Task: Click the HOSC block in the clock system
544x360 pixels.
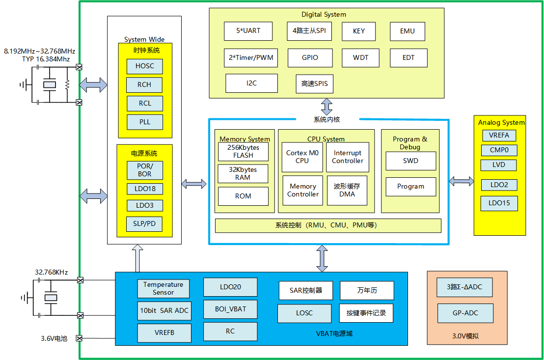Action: (144, 66)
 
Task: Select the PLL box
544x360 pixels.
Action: (144, 122)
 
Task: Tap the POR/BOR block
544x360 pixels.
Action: (144, 170)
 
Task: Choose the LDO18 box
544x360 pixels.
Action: (144, 189)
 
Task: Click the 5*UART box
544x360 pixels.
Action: (248, 31)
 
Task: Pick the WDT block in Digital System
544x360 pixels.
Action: (360, 57)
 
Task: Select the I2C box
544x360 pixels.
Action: (251, 83)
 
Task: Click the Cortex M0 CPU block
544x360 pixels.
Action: (302, 157)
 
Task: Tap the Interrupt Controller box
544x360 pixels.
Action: (348, 157)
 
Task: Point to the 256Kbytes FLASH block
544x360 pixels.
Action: (244, 151)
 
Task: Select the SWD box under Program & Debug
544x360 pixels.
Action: (410, 161)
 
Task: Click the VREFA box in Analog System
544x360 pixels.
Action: (499, 135)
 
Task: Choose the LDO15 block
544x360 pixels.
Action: (499, 203)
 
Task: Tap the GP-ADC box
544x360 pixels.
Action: (465, 313)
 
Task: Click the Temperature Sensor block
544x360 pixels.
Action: (163, 288)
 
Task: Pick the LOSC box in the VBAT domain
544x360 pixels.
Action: (304, 313)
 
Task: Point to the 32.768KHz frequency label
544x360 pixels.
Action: (51, 272)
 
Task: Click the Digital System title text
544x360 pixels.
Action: (324, 14)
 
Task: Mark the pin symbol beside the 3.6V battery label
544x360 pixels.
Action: (80, 338)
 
